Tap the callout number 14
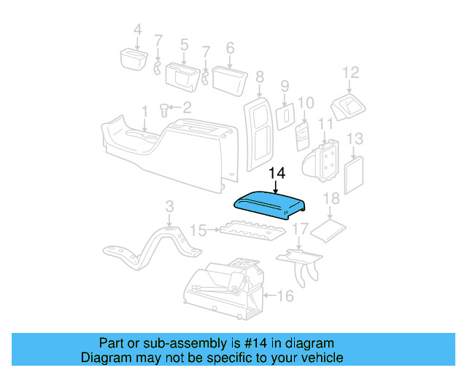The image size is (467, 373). click(x=277, y=174)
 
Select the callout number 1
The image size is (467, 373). click(x=144, y=110)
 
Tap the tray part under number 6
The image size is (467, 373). click(x=226, y=75)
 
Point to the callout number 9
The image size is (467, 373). click(x=285, y=86)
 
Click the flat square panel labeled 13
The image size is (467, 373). click(x=354, y=173)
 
